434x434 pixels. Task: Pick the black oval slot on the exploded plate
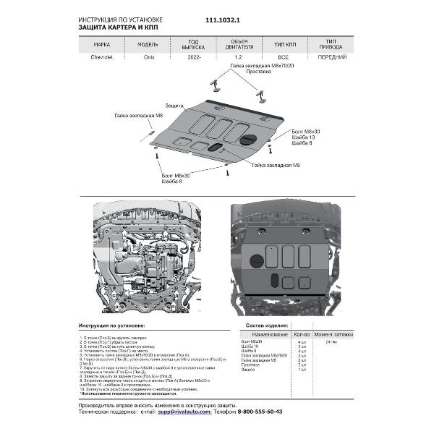(x=216, y=148)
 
